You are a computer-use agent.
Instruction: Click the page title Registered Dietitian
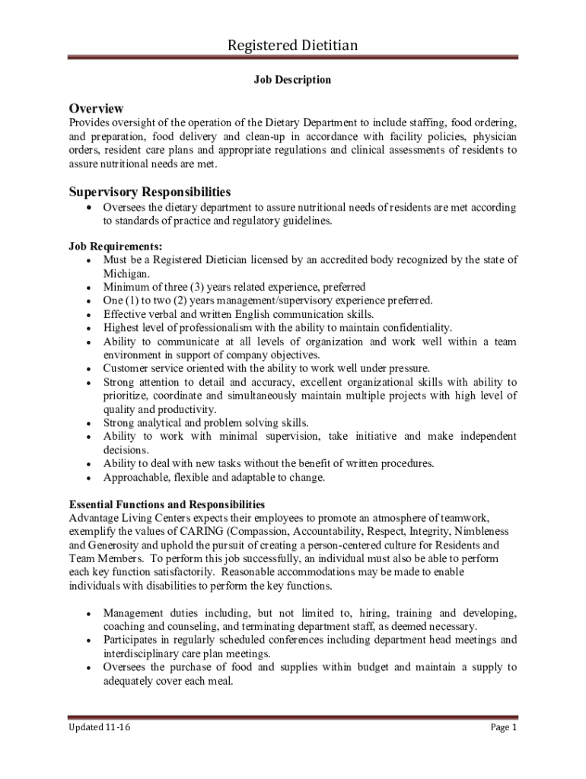click(x=293, y=46)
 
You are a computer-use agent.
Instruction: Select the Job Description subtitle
click(x=292, y=79)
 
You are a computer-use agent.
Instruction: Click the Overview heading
click(x=96, y=108)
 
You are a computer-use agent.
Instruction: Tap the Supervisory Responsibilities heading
click(x=150, y=192)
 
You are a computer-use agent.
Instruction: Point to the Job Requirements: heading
click(x=116, y=246)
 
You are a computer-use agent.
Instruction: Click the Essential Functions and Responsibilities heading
click(x=167, y=504)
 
